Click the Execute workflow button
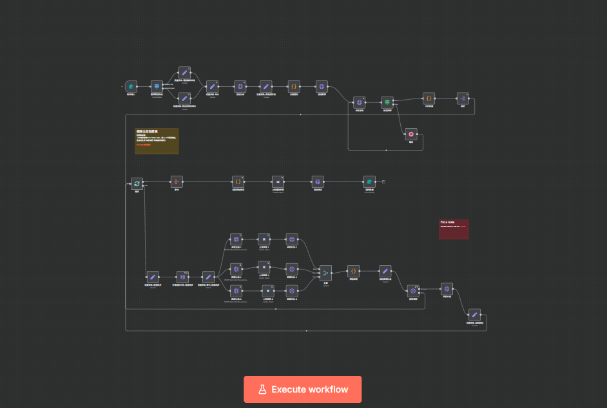click(x=302, y=389)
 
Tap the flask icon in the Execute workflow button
click(x=262, y=389)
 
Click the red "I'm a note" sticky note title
click(x=448, y=223)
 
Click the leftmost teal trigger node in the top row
click(x=131, y=86)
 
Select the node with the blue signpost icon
click(x=157, y=86)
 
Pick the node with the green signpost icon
click(x=387, y=102)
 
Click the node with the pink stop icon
click(x=410, y=134)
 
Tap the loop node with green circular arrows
click(x=137, y=183)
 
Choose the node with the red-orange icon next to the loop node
click(x=177, y=181)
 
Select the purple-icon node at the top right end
click(x=462, y=98)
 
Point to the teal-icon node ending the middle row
click(x=369, y=181)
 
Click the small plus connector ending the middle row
click(x=383, y=181)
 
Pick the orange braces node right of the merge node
click(x=353, y=272)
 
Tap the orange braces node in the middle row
click(x=238, y=181)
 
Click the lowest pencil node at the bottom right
click(x=474, y=315)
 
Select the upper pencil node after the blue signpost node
click(x=184, y=73)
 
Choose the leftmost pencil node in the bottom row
click(x=153, y=277)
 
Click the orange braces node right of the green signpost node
click(x=429, y=98)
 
